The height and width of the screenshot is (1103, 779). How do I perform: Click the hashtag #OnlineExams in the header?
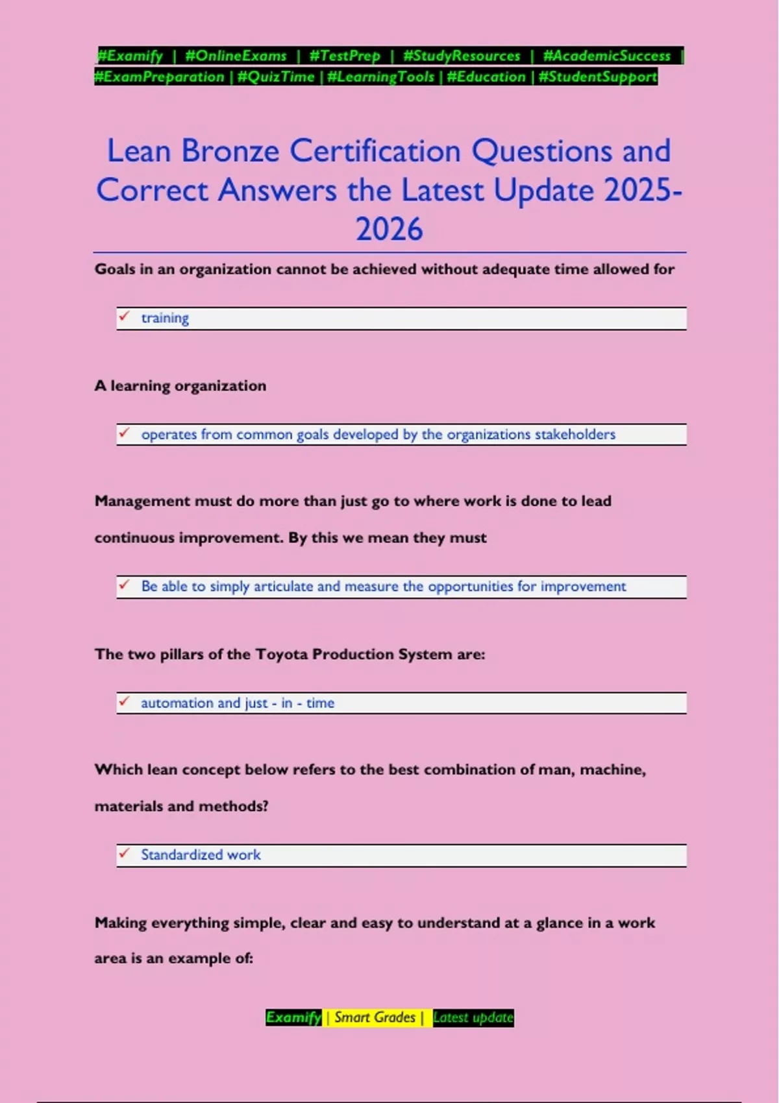point(236,56)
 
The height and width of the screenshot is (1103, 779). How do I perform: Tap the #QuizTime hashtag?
point(276,77)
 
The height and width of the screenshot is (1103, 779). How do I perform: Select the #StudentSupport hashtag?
point(597,77)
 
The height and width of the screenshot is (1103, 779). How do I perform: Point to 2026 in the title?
point(389,229)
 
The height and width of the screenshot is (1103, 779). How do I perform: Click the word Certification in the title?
point(376,151)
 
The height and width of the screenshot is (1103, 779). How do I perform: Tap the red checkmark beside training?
point(124,317)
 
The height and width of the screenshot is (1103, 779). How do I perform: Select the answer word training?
point(165,318)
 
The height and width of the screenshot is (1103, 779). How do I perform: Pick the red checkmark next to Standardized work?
point(124,854)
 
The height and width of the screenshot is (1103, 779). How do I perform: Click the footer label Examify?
point(293,1017)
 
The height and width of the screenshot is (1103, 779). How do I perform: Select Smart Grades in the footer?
point(375,1017)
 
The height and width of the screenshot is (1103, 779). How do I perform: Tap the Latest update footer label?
point(473,1017)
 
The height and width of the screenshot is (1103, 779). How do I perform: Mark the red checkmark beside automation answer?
point(124,702)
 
